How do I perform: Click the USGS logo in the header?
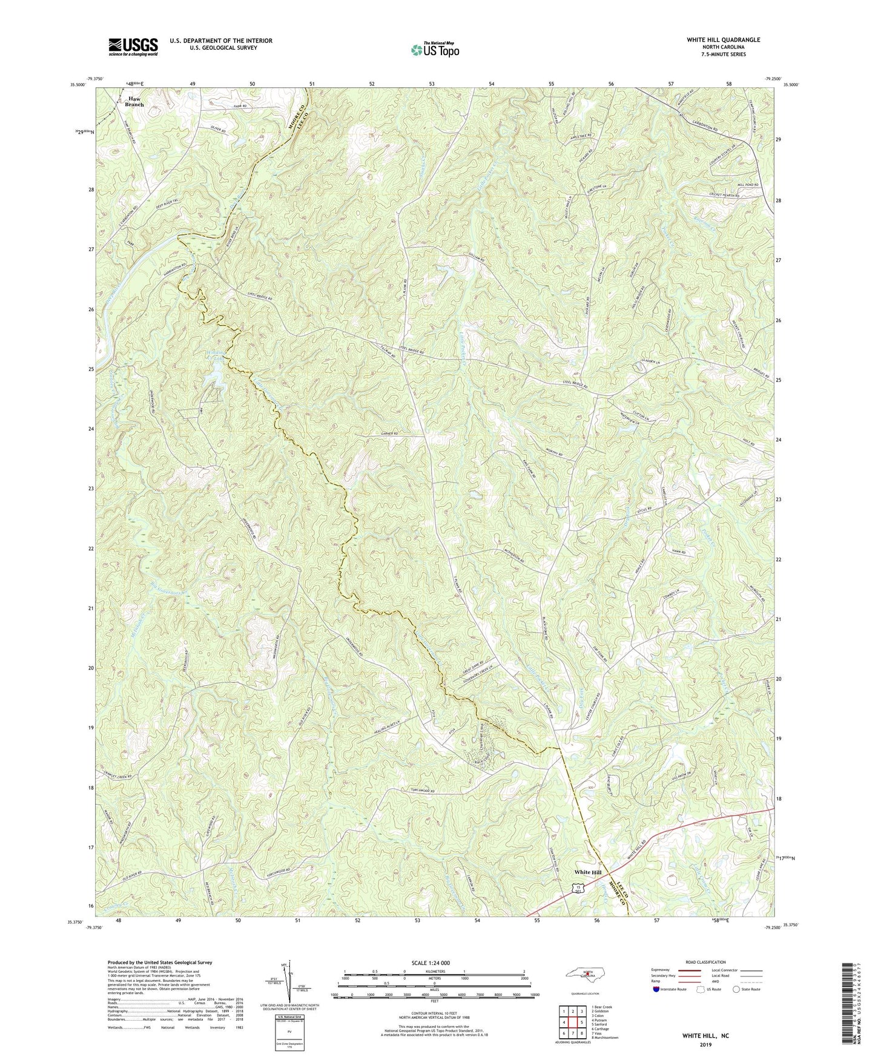[133, 47]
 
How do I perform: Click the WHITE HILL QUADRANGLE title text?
[715, 40]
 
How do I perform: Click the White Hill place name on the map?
[588, 872]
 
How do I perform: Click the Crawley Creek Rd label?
[116, 775]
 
